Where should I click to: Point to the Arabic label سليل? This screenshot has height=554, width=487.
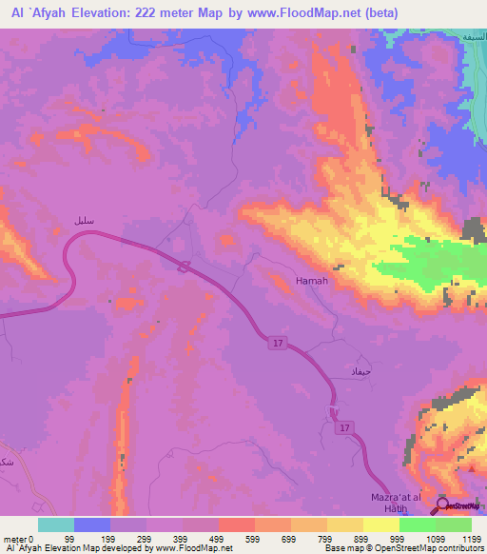[x=85, y=220]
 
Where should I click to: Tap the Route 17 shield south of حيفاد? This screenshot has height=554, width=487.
[x=343, y=429]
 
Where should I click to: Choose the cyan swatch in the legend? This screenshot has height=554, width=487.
[x=56, y=524]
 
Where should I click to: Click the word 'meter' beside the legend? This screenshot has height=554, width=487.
[x=14, y=538]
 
